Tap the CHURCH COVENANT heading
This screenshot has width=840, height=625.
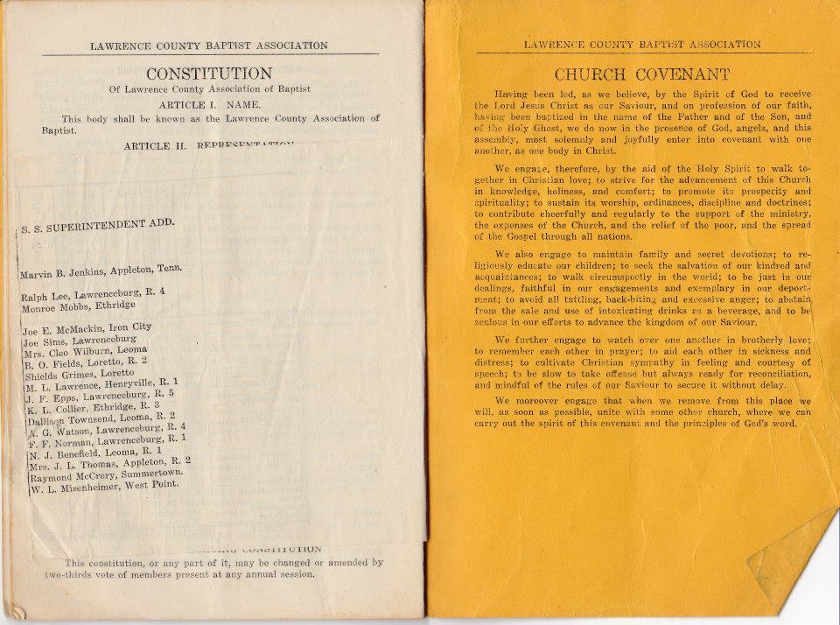point(642,74)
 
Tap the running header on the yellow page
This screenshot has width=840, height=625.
point(641,44)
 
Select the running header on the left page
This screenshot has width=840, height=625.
point(209,46)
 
